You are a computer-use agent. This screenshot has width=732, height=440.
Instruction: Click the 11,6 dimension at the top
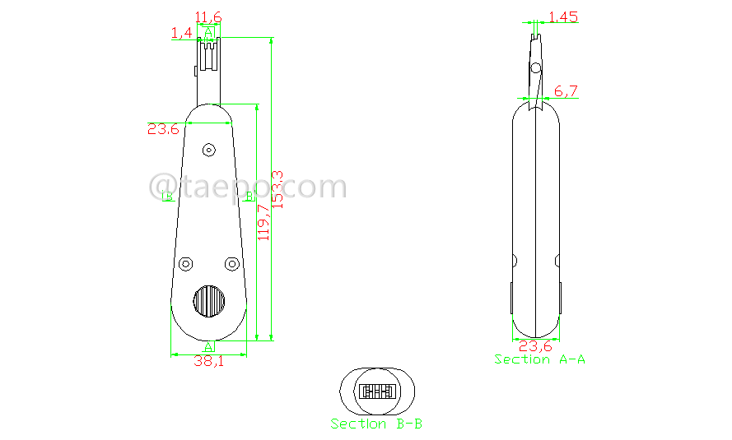(207, 16)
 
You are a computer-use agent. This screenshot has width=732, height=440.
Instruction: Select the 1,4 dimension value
(181, 32)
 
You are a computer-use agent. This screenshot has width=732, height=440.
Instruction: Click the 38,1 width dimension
(207, 361)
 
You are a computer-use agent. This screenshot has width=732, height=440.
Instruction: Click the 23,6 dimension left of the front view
(163, 128)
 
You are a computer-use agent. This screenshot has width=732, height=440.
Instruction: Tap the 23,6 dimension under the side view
(535, 346)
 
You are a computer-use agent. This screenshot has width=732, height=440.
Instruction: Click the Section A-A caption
(539, 359)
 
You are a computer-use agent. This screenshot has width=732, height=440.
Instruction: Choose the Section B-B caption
(376, 424)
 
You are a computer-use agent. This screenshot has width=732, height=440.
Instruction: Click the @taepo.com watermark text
(248, 188)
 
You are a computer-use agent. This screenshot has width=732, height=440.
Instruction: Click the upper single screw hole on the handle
(208, 150)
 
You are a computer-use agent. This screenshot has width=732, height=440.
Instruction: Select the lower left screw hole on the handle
(186, 263)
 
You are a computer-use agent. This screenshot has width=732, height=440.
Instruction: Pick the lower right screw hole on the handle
(231, 263)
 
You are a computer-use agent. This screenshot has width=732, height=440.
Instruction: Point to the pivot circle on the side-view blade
(535, 67)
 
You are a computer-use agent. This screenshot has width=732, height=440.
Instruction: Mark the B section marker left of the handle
(168, 197)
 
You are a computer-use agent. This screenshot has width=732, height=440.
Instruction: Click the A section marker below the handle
(209, 346)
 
